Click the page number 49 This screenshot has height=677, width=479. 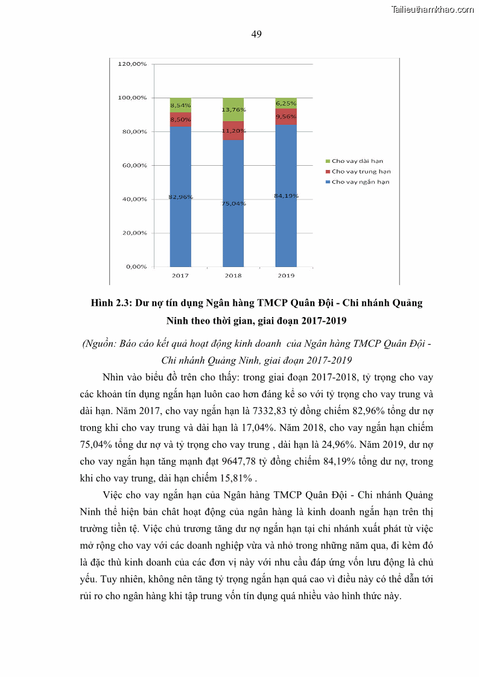click(256, 34)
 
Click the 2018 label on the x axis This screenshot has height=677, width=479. click(233, 276)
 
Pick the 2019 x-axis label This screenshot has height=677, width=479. click(286, 276)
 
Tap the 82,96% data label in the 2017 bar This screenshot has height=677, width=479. click(180, 197)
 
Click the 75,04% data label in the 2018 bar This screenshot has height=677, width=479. click(233, 204)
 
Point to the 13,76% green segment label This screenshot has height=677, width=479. click(233, 110)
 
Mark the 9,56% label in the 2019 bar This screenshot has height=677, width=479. click(286, 116)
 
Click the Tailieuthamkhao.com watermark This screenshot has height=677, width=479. click(433, 9)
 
